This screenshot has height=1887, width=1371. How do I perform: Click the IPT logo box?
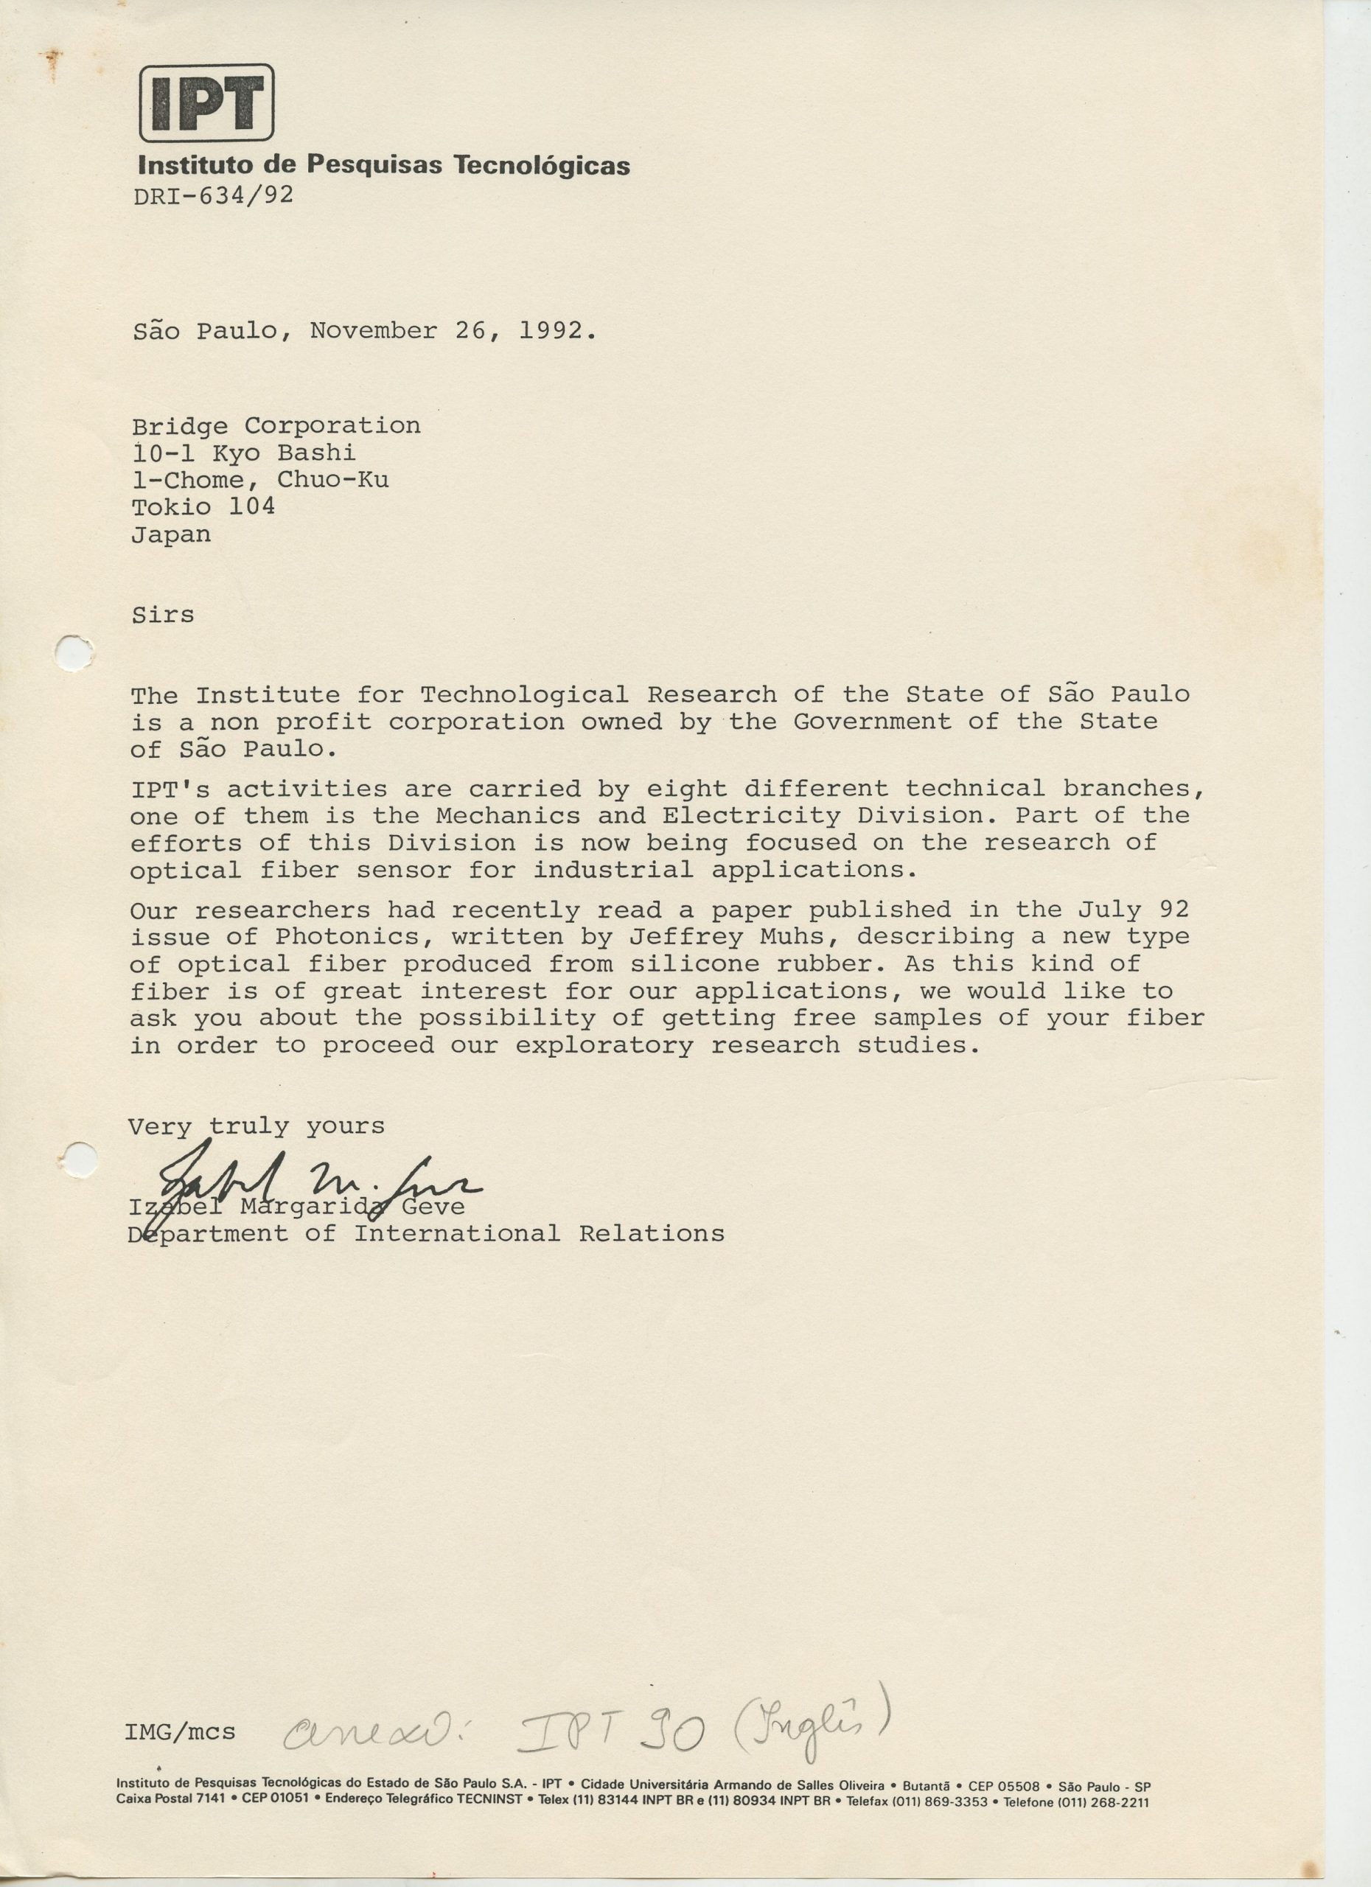coord(206,102)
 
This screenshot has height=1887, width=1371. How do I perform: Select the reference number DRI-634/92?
coord(213,195)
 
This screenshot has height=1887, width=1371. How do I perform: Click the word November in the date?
coord(373,331)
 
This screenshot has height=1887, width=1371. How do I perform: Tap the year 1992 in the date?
coord(551,331)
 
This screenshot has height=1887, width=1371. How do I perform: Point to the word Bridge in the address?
coord(180,426)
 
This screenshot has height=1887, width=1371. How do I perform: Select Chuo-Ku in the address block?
coord(332,480)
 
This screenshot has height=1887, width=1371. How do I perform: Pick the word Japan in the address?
coord(171,534)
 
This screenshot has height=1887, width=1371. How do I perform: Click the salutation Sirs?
coord(163,615)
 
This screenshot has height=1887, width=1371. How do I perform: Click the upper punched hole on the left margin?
coord(73,652)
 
